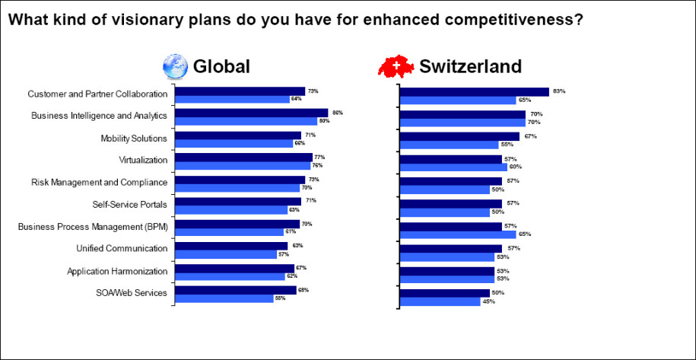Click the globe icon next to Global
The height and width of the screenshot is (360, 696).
click(x=176, y=66)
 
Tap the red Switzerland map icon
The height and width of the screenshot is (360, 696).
click(x=397, y=67)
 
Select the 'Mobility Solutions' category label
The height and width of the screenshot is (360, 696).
click(x=133, y=139)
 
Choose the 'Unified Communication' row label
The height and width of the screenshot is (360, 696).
click(x=122, y=249)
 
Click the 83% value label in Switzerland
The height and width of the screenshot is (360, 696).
click(x=559, y=91)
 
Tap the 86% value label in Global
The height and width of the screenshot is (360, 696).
click(x=338, y=113)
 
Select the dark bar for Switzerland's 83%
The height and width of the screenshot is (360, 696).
click(x=474, y=92)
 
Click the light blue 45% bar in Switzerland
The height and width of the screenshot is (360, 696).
click(x=440, y=301)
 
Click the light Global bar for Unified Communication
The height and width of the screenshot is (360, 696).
click(x=226, y=254)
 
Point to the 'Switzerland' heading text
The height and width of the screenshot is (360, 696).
click(x=470, y=67)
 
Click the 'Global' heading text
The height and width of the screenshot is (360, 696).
click(x=221, y=67)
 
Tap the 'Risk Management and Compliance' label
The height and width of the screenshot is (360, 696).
click(x=99, y=183)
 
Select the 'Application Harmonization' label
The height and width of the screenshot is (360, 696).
click(x=117, y=271)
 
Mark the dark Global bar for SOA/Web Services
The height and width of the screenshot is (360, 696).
click(x=235, y=290)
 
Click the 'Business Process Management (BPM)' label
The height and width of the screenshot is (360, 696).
click(x=93, y=227)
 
